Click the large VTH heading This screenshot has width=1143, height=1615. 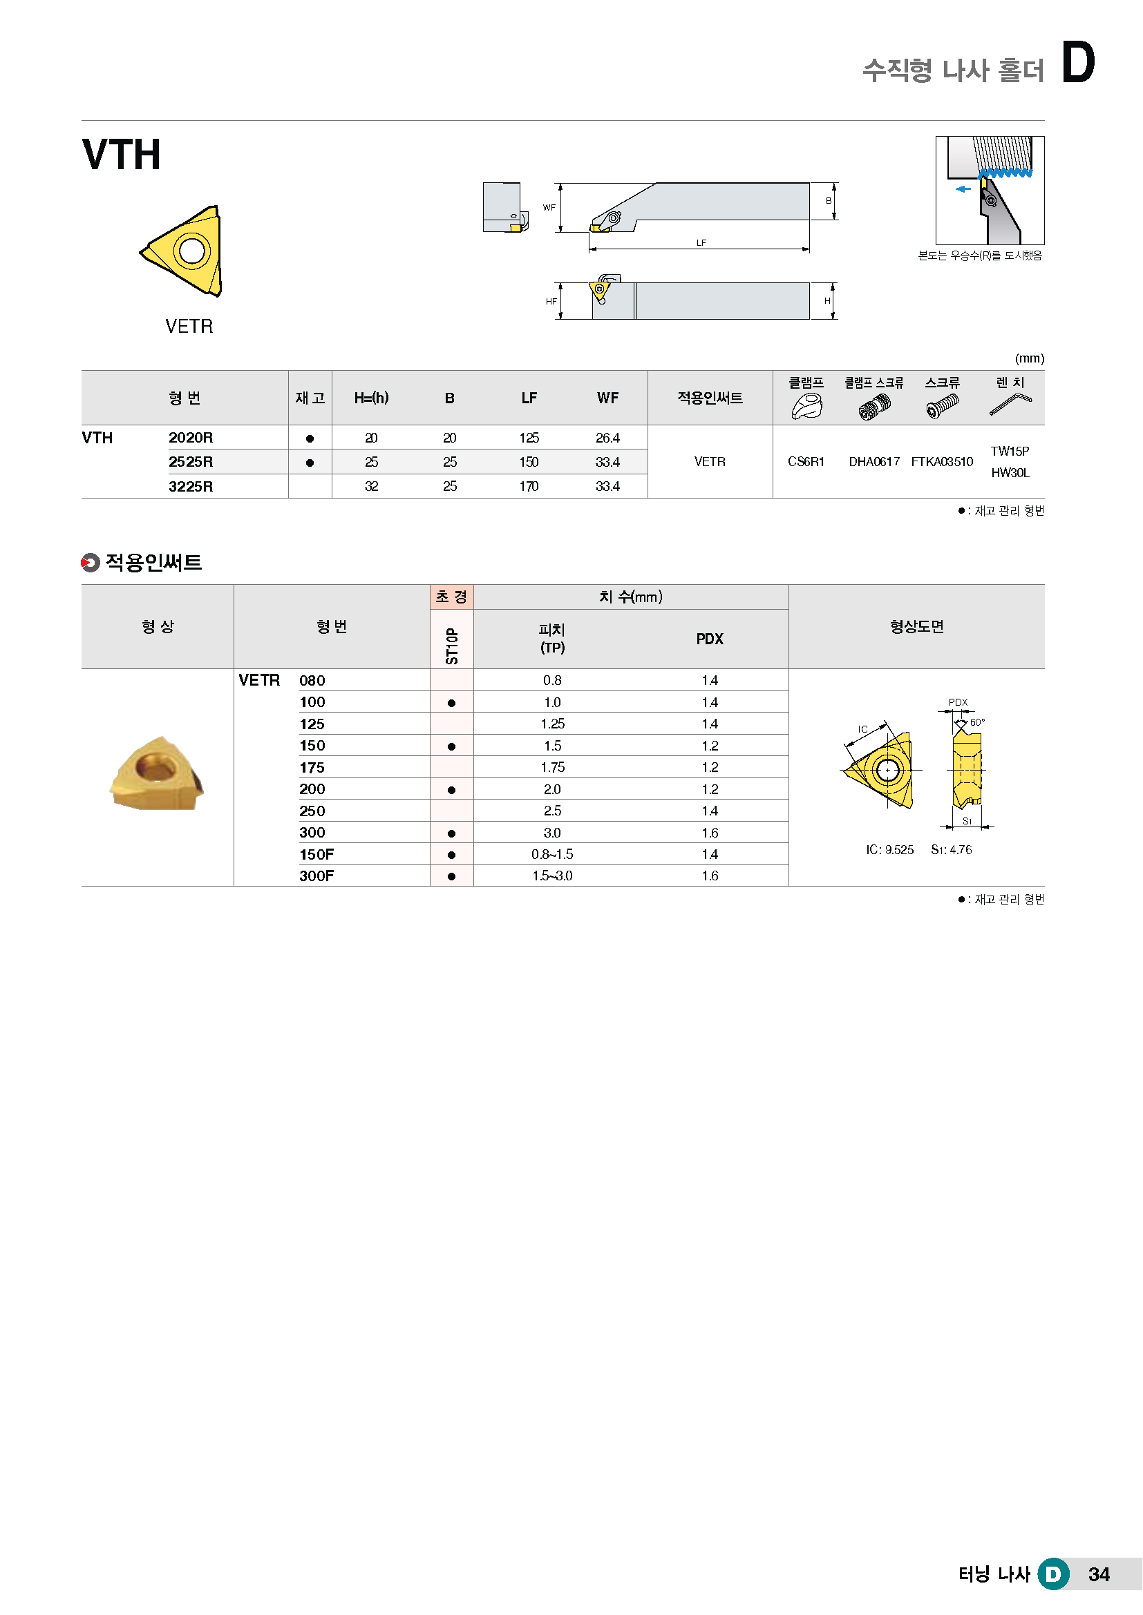(122, 155)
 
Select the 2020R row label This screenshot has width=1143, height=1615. (190, 438)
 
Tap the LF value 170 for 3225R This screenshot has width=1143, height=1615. (529, 486)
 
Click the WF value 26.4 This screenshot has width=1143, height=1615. (607, 438)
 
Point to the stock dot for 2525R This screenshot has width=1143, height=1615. (310, 463)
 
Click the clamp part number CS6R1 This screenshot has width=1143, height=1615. (806, 461)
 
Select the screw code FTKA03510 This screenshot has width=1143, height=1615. (942, 461)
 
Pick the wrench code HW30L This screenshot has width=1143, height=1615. (1010, 473)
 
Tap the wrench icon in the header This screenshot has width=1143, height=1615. (1010, 405)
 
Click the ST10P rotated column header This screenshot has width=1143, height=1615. (452, 646)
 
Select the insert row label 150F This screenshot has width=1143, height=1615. (317, 854)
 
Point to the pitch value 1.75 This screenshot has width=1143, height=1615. (553, 767)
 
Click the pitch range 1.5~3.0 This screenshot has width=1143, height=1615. (553, 876)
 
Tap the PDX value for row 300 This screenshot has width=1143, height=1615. (710, 833)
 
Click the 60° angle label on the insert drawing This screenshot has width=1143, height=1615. (977, 722)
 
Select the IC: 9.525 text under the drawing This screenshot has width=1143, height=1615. (889, 850)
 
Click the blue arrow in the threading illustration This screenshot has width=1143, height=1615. (963, 188)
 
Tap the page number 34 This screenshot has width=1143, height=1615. (1099, 1574)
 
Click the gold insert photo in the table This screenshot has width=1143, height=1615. (158, 773)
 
